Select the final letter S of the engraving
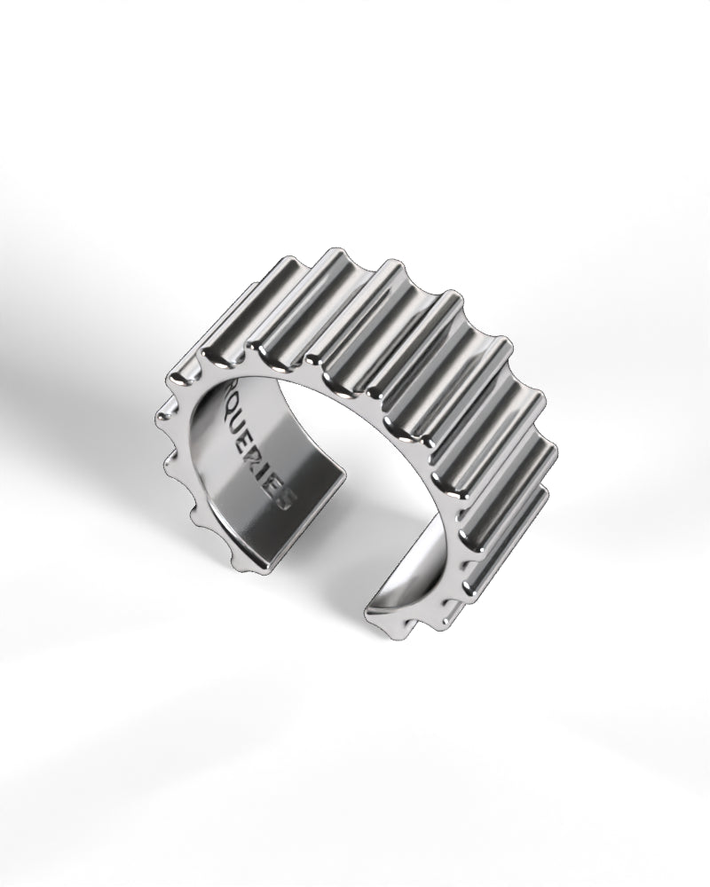pyautogui.click(x=284, y=499)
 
